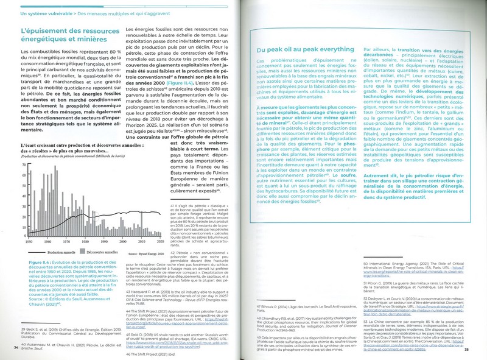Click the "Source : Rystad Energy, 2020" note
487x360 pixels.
[142, 249]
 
